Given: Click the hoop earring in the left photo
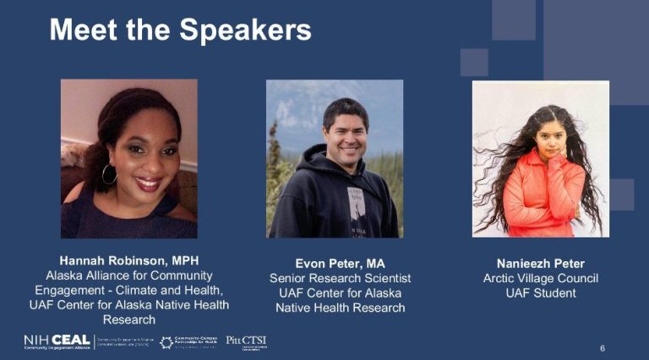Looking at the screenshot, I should tap(109, 174).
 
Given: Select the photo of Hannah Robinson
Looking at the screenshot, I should tap(129, 158).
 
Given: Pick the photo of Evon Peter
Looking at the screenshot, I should tap(335, 158).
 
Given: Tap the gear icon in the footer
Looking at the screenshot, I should tap(166, 341).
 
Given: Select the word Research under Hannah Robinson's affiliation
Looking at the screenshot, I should tap(129, 319).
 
